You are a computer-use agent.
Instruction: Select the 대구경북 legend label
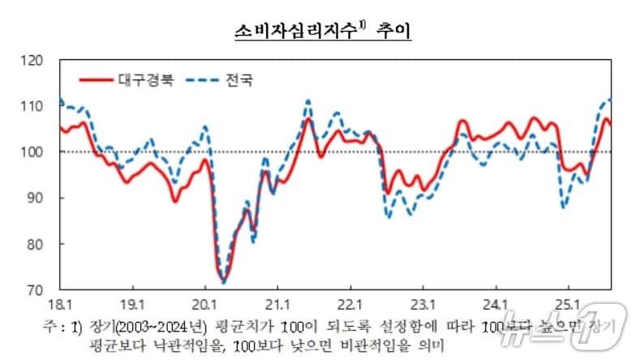tap(146, 80)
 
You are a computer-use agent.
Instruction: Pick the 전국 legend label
tap(238, 80)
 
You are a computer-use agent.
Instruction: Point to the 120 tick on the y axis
tap(38, 60)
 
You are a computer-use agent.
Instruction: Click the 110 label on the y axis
tap(38, 106)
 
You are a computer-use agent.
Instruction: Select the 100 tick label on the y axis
tap(38, 152)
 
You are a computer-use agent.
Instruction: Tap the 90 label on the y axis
tap(41, 198)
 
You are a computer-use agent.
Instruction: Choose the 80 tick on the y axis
tap(41, 244)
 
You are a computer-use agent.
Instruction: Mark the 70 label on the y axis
tap(41, 289)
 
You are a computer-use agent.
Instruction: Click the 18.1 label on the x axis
tap(59, 304)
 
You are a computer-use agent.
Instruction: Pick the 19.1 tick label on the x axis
tap(132, 304)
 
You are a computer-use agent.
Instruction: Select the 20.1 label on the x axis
tap(205, 304)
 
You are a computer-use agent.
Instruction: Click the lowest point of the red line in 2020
tap(223, 281)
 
